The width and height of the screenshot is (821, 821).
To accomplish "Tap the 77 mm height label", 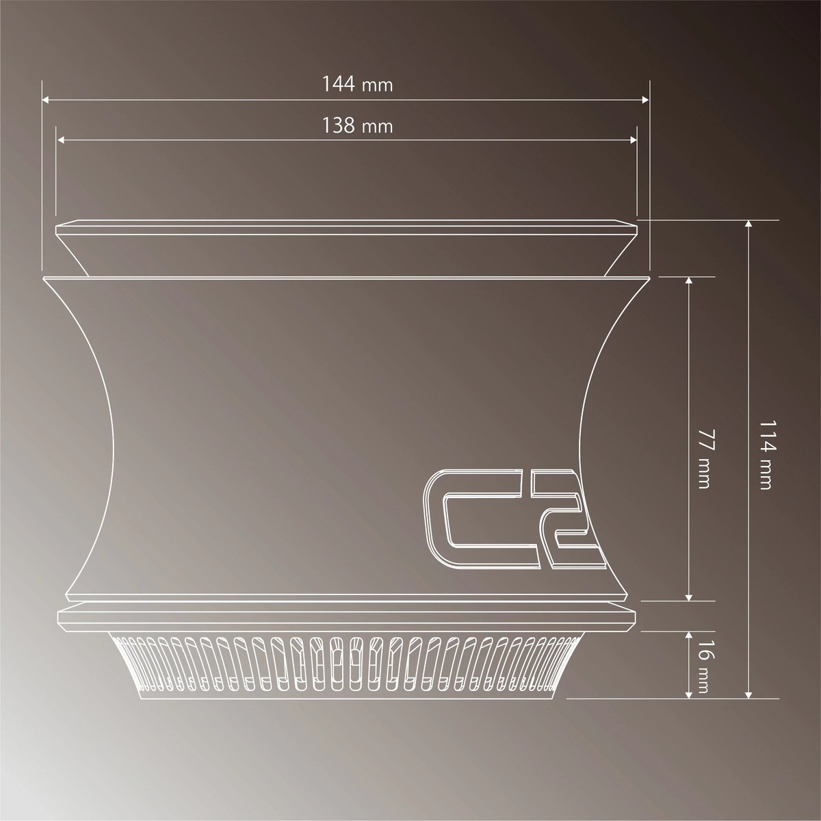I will (704, 459).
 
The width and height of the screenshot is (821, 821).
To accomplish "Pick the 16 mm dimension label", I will (704, 664).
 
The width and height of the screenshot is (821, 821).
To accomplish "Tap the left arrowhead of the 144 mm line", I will (47, 100).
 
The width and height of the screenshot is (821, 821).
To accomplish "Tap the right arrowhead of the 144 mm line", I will (645, 100).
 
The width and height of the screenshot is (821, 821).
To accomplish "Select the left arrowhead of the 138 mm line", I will (61, 141).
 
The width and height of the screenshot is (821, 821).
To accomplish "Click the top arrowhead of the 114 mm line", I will (750, 224).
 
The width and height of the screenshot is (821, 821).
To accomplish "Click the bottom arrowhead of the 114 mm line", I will (750, 694).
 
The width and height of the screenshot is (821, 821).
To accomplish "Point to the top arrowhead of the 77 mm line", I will (689, 281).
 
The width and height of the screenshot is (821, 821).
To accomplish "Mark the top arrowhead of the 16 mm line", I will (689, 636).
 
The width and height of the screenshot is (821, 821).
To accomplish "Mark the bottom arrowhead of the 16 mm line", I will (689, 694).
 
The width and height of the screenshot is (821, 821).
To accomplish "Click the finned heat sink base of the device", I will (346, 664).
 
